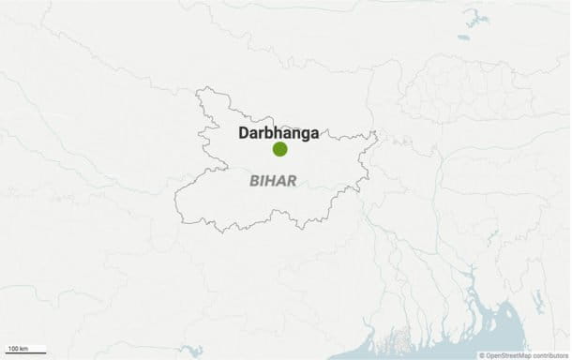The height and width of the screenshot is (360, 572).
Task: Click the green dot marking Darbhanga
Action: pyautogui.click(x=279, y=149)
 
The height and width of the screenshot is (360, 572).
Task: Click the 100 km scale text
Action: pyautogui.click(x=18, y=349)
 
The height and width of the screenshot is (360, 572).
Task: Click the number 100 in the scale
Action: pyautogui.click(x=13, y=349)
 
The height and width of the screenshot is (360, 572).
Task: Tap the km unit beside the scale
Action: pyautogui.click(x=24, y=349)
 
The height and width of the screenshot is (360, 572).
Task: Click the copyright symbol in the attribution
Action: pyautogui.click(x=482, y=354)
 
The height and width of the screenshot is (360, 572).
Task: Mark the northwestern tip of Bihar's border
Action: pyautogui.click(x=198, y=90)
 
